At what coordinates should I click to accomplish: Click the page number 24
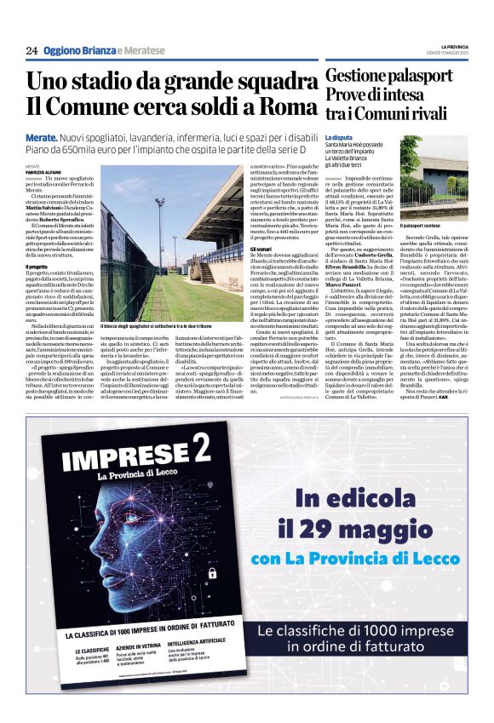tap(32, 50)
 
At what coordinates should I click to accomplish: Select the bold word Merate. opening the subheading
tap(42, 136)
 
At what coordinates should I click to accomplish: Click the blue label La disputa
tap(338, 137)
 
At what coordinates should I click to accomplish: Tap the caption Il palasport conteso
tap(425, 224)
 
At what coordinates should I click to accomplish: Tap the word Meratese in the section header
tap(135, 50)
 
